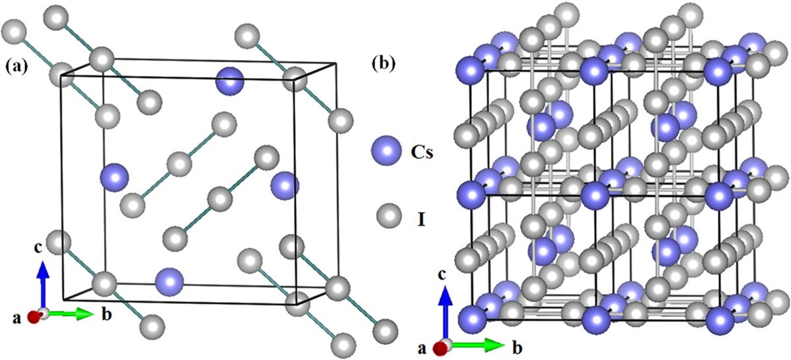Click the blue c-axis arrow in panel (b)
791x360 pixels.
coord(447,310)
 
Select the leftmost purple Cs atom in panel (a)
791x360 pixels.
coord(115,177)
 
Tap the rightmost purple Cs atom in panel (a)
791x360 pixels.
coord(285,185)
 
